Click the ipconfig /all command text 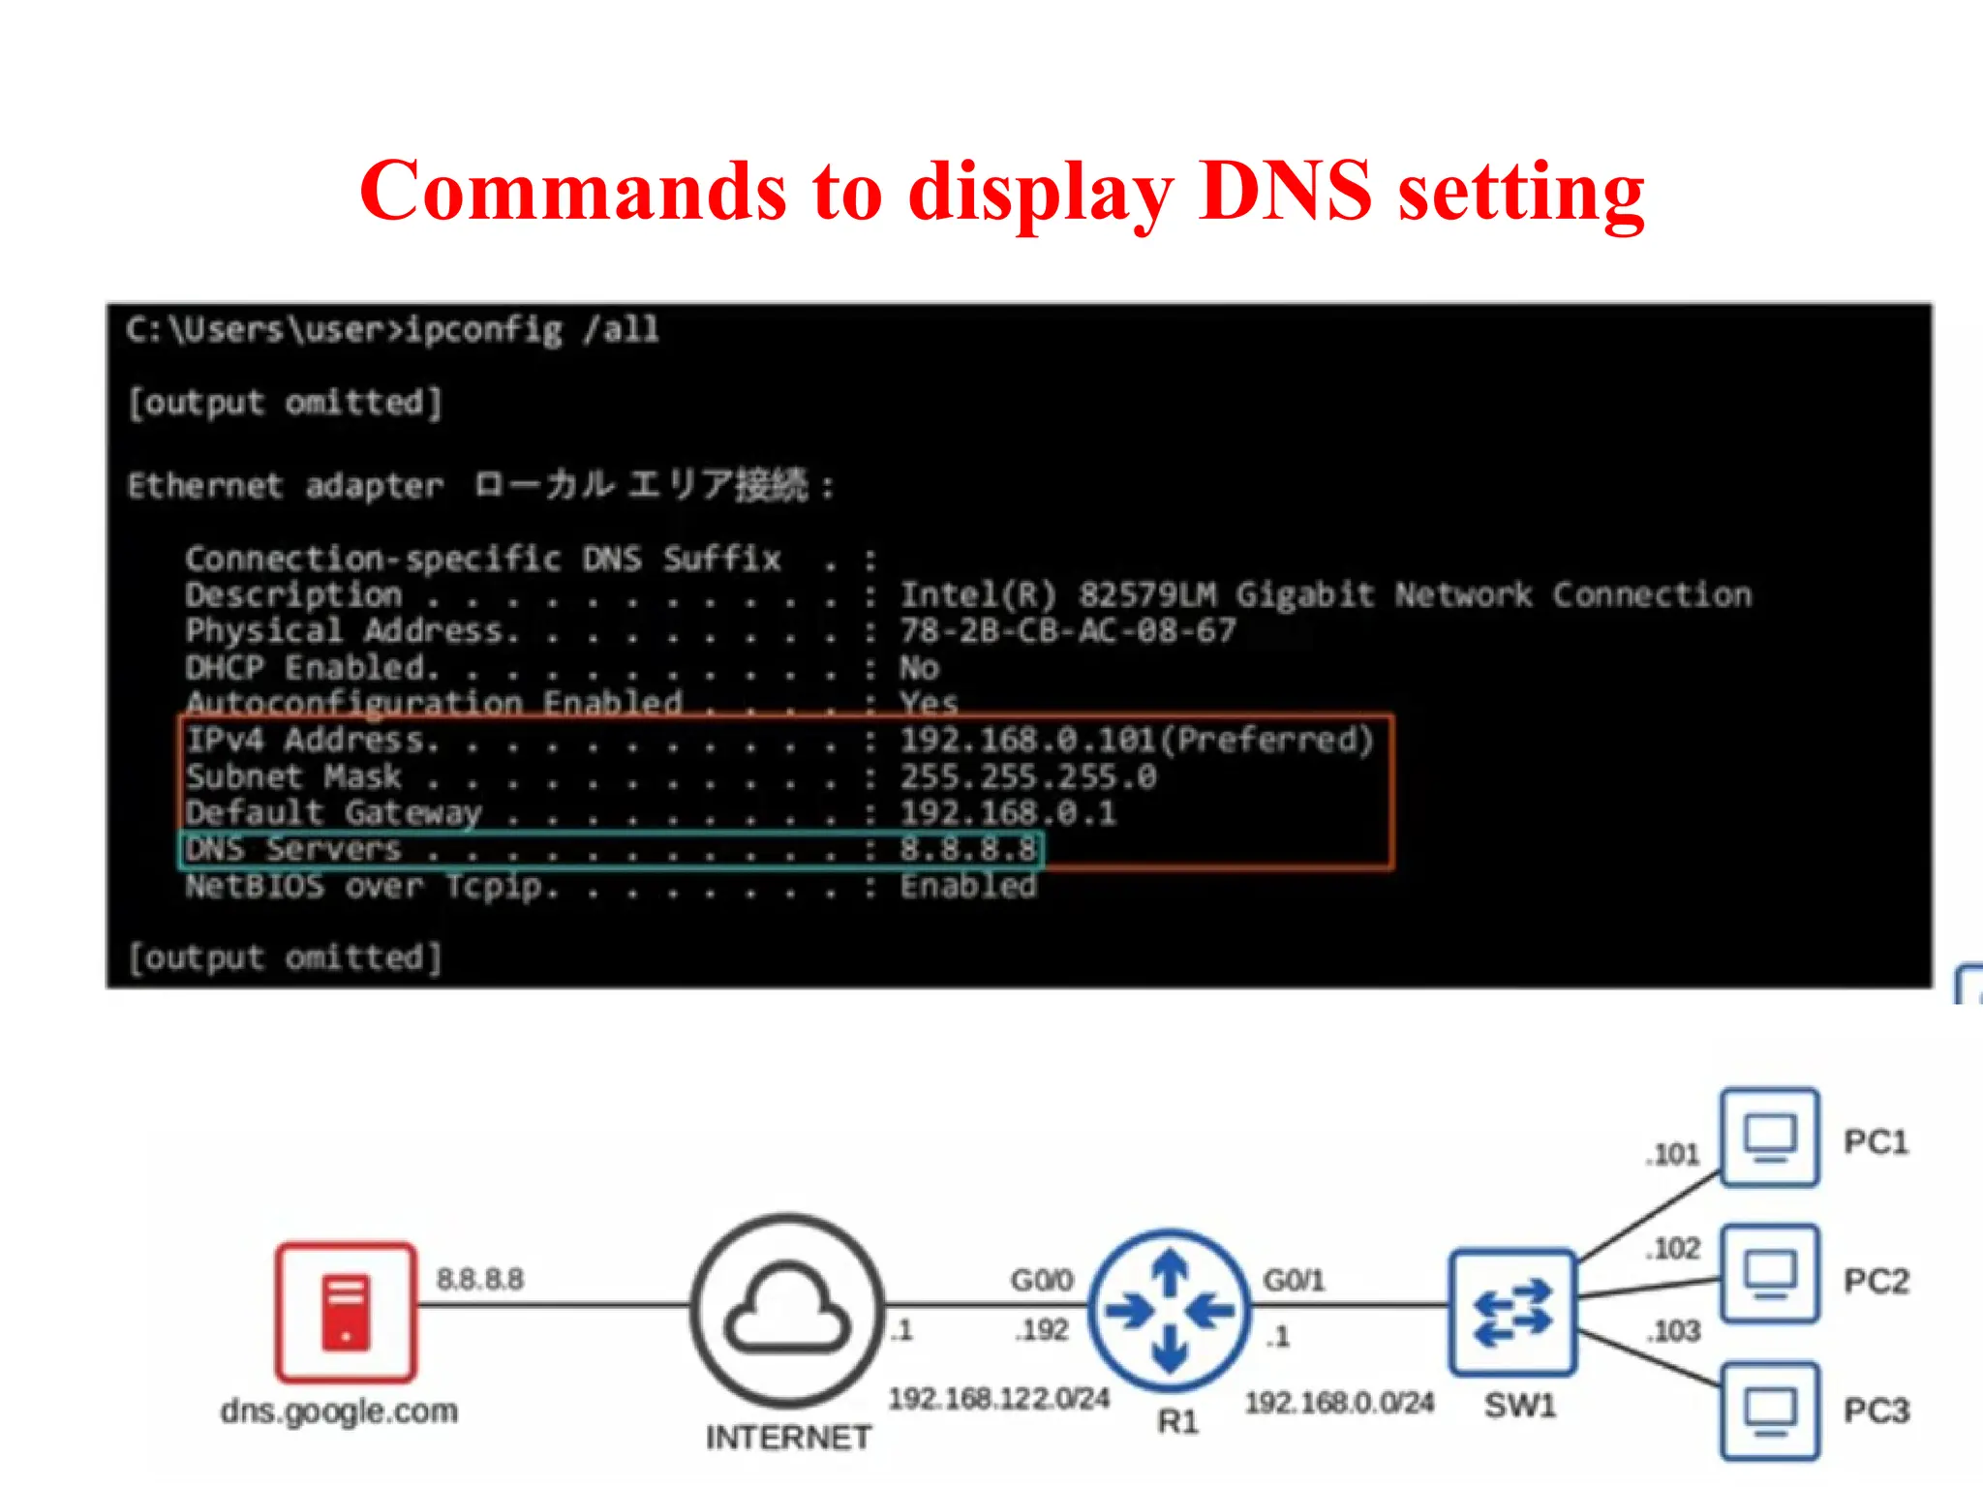(x=531, y=330)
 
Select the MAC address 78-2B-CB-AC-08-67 (x=1068, y=631)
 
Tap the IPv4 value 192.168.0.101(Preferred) (x=1136, y=741)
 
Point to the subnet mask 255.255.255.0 (x=1027, y=777)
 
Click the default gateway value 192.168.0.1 (x=1007, y=813)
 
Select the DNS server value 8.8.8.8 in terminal (x=967, y=850)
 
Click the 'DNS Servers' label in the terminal (x=293, y=850)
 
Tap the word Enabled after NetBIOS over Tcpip (x=967, y=886)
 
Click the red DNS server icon (x=346, y=1313)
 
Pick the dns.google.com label (x=339, y=1411)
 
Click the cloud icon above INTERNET (x=788, y=1309)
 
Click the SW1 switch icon (x=1512, y=1313)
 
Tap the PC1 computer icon (x=1769, y=1138)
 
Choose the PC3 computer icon (x=1769, y=1411)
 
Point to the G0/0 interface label (x=1042, y=1280)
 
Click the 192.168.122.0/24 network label (x=998, y=1399)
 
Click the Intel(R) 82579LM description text (x=1325, y=594)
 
